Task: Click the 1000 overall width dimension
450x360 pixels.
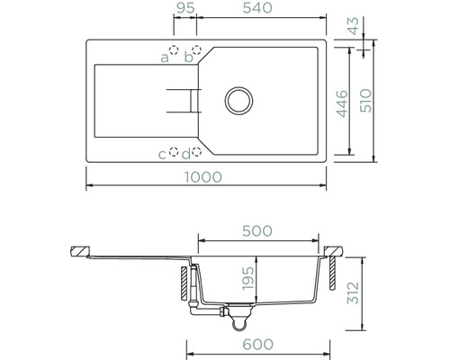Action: (x=203, y=177)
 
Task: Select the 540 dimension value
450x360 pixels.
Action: (x=257, y=8)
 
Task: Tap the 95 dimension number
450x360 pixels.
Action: (x=185, y=8)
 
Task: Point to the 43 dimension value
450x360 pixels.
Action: (x=354, y=26)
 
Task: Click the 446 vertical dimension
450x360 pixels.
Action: (x=342, y=103)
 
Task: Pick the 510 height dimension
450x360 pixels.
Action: (x=365, y=101)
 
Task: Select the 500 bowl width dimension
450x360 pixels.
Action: (x=257, y=231)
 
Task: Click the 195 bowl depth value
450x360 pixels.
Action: (x=248, y=279)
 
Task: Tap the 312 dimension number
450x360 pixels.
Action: (x=353, y=293)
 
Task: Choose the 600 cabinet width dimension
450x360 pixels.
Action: (x=257, y=345)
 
